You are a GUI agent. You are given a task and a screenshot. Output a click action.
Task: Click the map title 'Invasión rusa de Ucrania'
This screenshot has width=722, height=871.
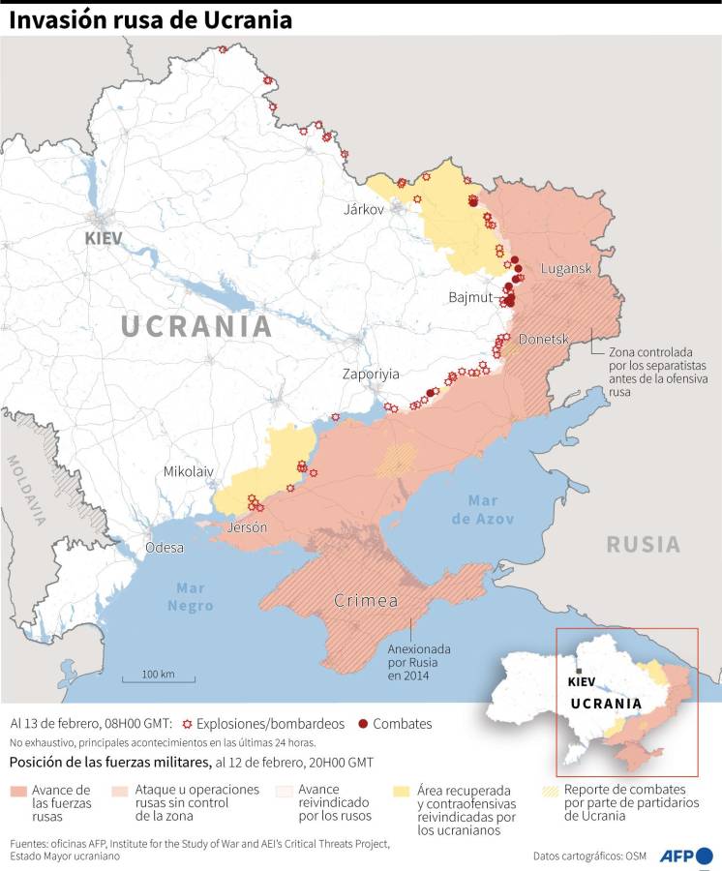(151, 20)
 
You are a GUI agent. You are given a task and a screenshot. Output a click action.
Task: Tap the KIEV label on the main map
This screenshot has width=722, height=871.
(104, 237)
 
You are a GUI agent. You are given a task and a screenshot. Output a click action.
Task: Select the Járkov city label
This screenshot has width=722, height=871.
(364, 209)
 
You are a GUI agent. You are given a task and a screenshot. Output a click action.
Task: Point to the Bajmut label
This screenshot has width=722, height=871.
(470, 296)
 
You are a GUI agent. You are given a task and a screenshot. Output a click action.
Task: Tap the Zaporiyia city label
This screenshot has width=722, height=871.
(371, 374)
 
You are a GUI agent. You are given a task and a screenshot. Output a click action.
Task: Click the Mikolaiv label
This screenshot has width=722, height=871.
(188, 471)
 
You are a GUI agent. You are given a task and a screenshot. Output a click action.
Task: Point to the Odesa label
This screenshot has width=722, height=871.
(164, 548)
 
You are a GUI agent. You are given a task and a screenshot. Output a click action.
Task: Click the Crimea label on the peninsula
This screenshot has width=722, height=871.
(366, 601)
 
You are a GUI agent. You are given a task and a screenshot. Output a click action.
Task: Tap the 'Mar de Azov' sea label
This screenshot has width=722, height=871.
(483, 510)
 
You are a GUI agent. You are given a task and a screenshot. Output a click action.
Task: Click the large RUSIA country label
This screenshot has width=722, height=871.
(644, 544)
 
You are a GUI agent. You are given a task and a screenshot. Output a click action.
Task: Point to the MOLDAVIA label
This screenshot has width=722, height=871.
(26, 488)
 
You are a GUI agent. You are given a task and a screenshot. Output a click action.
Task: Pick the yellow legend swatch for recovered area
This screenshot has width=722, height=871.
(402, 792)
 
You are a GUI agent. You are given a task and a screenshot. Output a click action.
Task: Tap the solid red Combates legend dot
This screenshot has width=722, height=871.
(363, 723)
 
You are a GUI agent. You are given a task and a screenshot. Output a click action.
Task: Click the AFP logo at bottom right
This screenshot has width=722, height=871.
(686, 856)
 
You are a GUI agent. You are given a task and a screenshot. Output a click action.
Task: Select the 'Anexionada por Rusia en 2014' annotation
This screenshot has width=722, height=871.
(413, 662)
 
